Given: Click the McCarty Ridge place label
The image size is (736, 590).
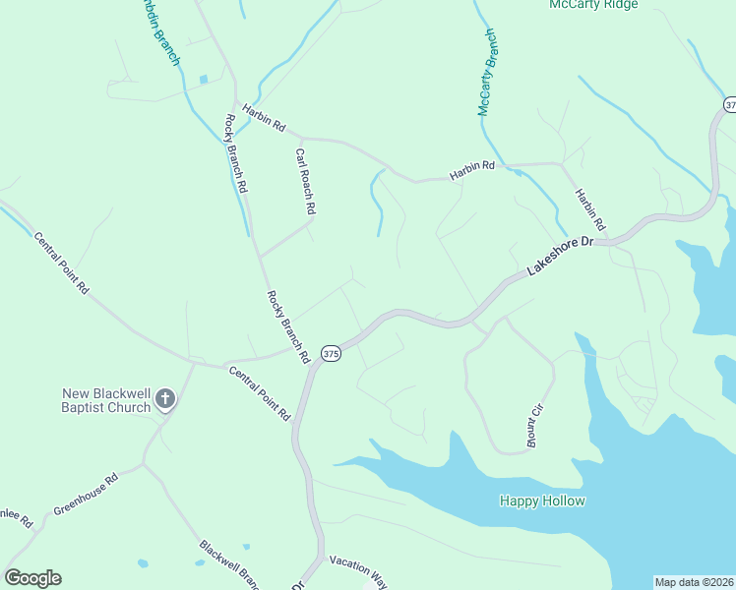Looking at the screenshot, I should [x=593, y=5].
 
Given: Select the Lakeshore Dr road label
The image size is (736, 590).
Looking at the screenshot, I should [x=562, y=254].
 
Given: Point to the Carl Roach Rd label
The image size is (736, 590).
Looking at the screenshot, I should [x=304, y=182].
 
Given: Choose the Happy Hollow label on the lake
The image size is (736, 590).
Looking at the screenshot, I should [x=542, y=501].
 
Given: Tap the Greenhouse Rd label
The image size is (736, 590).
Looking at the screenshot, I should [x=86, y=496].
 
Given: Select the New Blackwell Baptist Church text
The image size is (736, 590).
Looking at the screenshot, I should [x=105, y=400].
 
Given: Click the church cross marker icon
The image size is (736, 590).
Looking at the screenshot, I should [x=165, y=399].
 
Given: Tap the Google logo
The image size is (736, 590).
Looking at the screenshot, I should [x=32, y=578].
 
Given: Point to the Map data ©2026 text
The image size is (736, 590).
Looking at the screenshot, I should [x=694, y=582].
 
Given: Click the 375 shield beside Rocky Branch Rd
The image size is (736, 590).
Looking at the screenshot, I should [x=331, y=353].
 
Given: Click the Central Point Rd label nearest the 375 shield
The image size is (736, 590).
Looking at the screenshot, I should [x=260, y=392].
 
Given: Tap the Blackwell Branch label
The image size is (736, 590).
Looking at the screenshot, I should [x=228, y=563].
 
